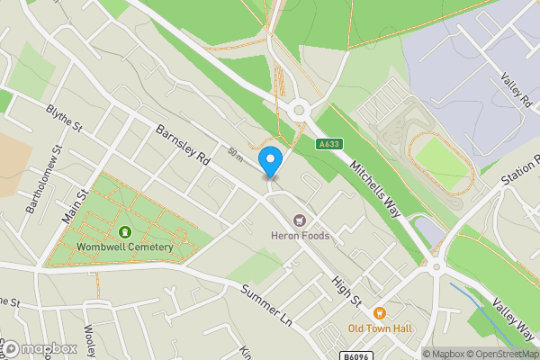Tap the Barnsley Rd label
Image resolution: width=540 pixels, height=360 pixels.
tap(182, 148)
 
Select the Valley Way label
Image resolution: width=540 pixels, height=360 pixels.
tap(514, 322)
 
